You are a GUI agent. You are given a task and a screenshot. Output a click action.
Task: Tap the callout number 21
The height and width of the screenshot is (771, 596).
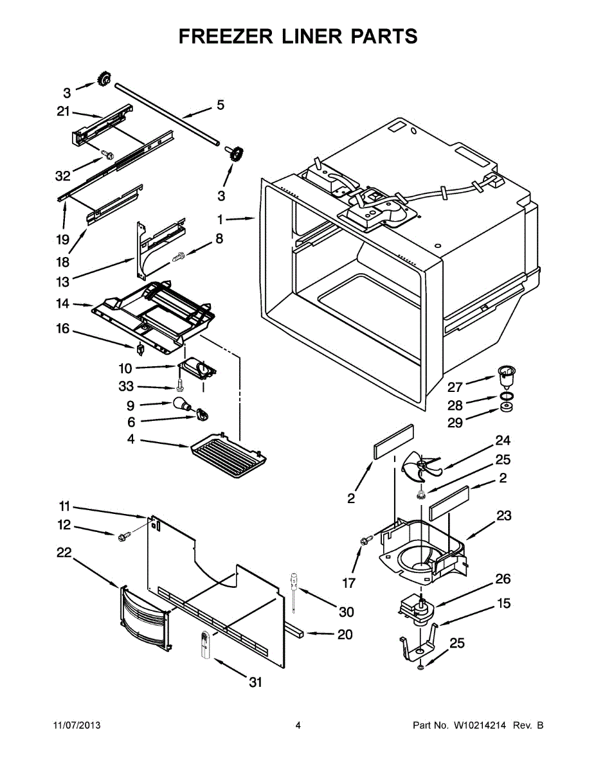62,111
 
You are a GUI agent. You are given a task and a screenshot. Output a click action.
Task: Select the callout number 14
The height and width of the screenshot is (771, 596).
62,303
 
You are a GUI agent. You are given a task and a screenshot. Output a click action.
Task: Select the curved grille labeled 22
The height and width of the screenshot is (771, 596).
145,617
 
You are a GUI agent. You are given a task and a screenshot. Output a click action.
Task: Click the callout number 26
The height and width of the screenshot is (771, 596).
502,579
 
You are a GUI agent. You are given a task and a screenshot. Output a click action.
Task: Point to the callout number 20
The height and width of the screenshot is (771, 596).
345,634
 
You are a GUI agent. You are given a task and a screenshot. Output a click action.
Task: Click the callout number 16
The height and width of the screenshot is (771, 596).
62,329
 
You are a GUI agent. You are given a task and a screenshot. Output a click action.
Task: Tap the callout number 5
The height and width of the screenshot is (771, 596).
220,105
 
